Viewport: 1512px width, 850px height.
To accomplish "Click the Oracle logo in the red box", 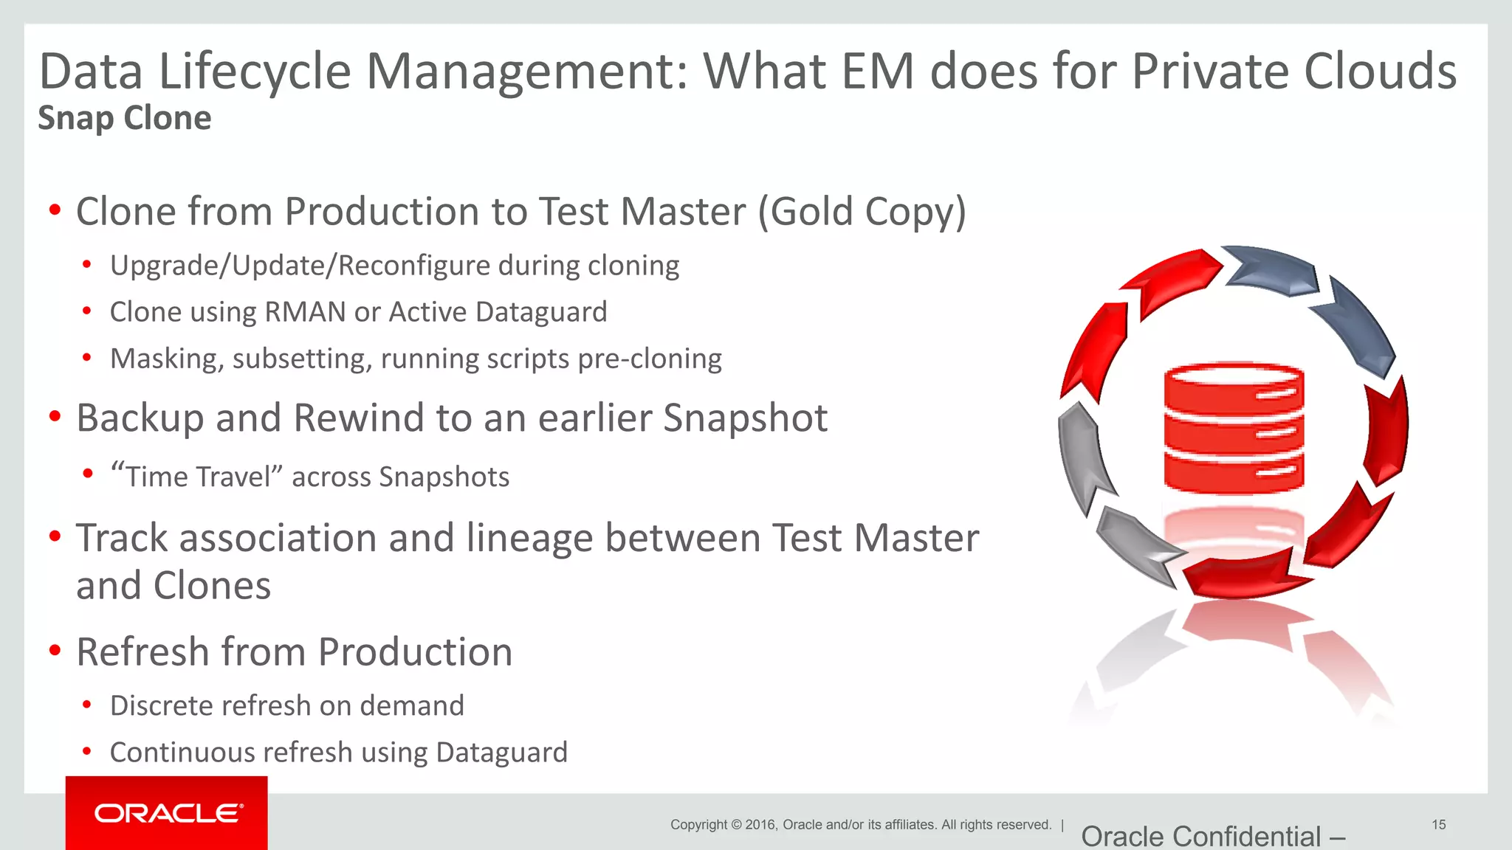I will (x=168, y=813).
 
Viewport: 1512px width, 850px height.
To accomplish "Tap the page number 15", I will (x=1438, y=824).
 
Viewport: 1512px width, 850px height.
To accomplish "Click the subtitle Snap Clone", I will (x=125, y=118).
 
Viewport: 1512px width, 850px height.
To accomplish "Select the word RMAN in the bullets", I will (x=305, y=312).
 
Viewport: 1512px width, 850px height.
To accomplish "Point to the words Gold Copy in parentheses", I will (x=862, y=212).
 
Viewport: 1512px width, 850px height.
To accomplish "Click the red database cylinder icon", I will (x=1234, y=427).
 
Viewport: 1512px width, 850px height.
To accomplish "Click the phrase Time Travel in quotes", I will (x=197, y=477).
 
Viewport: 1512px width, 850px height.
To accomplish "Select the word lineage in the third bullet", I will (x=529, y=538).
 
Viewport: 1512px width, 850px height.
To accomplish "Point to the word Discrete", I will (x=157, y=706).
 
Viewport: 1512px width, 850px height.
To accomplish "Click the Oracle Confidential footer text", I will (x=1212, y=837).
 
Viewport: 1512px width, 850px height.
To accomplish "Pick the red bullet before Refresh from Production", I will (x=55, y=651).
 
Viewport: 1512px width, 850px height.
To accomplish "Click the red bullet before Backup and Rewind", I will (x=55, y=417).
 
